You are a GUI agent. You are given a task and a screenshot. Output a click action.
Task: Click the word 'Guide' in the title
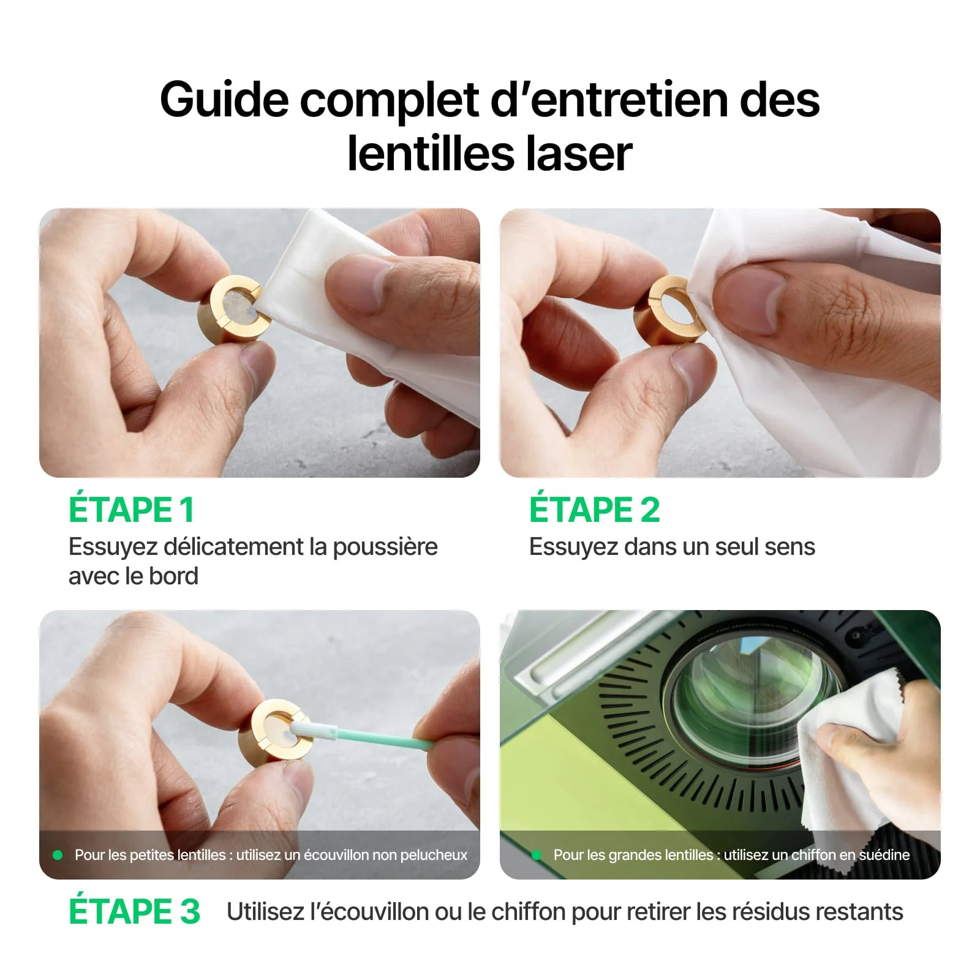[224, 99]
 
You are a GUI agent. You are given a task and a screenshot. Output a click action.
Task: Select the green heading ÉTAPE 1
[131, 510]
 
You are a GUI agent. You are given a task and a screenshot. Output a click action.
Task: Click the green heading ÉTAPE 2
[594, 510]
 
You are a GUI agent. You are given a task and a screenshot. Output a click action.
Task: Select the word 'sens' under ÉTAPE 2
[792, 546]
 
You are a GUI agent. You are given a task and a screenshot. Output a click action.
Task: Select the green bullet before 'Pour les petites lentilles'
[58, 854]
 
